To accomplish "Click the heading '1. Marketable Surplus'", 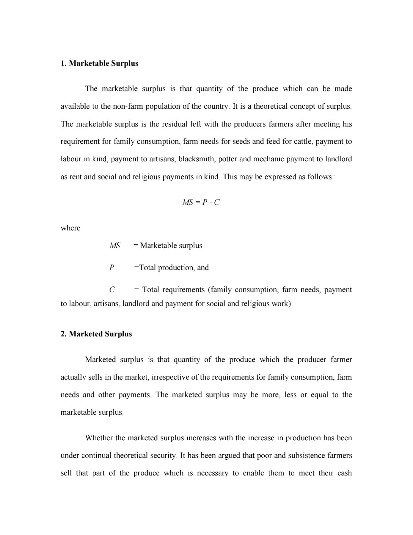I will point(99,63).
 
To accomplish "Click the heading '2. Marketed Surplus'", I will point(96,334).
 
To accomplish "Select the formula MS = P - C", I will point(201,202).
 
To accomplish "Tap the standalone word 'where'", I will point(70,228).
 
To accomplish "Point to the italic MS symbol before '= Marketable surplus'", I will point(115,246).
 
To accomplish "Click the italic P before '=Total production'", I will point(112,268).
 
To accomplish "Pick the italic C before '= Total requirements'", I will point(112,290).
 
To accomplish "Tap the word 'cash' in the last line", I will point(345,473).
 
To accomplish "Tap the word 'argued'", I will point(224,456).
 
